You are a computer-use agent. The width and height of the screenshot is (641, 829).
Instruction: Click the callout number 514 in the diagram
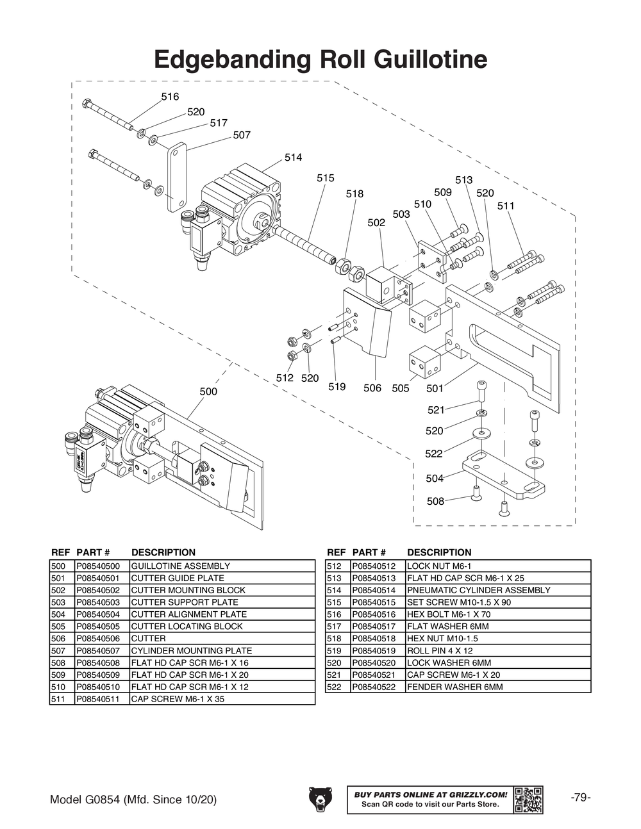(293, 158)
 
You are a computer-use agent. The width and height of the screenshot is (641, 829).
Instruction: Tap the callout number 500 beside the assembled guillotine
(208, 391)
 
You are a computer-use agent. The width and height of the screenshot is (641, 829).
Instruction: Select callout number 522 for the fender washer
(434, 454)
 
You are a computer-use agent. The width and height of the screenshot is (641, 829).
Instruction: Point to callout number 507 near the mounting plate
(242, 135)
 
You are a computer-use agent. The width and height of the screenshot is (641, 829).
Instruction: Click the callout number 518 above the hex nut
(354, 193)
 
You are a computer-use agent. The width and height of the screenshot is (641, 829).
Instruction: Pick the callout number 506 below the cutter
(372, 388)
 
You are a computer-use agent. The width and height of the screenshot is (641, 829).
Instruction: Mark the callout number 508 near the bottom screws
(435, 501)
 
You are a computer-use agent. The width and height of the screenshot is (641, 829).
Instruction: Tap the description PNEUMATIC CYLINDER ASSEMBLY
(478, 590)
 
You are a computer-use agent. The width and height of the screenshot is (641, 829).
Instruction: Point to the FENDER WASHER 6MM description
(454, 687)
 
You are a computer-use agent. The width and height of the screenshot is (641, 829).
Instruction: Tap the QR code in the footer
(528, 800)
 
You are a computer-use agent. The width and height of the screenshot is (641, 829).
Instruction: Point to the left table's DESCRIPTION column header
(163, 552)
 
